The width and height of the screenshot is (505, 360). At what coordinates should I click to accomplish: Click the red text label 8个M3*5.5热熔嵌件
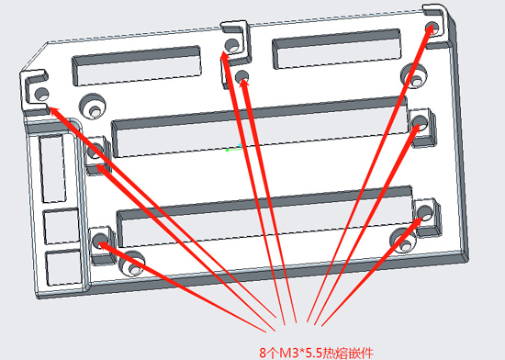[316, 354]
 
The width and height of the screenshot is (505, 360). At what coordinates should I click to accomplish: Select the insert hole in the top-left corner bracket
[41, 94]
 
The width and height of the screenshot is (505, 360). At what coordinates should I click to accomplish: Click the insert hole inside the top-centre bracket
[232, 45]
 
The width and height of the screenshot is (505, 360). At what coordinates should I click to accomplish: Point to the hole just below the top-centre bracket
[241, 76]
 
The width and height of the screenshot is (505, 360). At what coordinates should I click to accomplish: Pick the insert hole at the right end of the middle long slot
[421, 122]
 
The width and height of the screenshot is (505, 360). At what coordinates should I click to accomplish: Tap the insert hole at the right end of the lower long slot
[425, 212]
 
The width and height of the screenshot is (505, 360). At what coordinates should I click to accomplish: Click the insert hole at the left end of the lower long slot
[100, 241]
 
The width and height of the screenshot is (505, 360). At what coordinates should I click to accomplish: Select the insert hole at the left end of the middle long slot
[95, 151]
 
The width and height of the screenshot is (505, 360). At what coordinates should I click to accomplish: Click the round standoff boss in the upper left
[93, 107]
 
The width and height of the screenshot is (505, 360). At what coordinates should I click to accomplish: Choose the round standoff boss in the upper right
[414, 76]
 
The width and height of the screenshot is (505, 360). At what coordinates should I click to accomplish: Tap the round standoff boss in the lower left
[131, 263]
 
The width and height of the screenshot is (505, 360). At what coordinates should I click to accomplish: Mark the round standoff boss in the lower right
[404, 241]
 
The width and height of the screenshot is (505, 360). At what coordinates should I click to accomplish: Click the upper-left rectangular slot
[137, 66]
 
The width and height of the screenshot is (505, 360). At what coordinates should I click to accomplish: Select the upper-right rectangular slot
[337, 49]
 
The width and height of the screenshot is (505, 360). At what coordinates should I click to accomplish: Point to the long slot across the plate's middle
[260, 127]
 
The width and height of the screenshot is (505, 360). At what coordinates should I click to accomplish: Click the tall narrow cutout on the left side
[53, 169]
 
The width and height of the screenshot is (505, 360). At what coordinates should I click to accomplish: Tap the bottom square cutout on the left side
[63, 268]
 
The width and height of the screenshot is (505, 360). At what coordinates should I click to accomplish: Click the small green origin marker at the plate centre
[234, 148]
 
